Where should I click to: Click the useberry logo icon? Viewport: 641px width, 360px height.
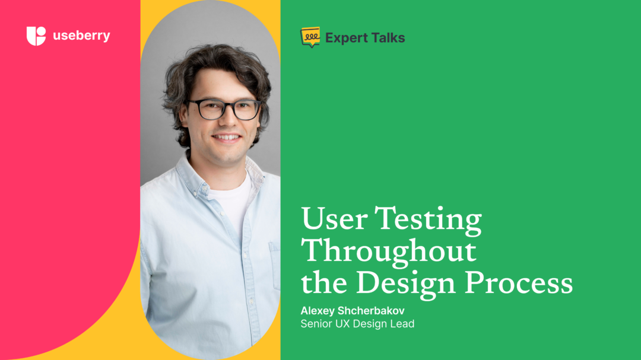click(x=36, y=36)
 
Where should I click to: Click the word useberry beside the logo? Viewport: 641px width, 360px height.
click(x=81, y=36)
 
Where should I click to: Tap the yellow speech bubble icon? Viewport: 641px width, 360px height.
click(x=310, y=37)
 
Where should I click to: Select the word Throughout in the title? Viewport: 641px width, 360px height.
click(x=389, y=251)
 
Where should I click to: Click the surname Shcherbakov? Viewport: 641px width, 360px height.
click(x=375, y=311)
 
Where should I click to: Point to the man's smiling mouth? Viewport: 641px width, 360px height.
click(x=227, y=137)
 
